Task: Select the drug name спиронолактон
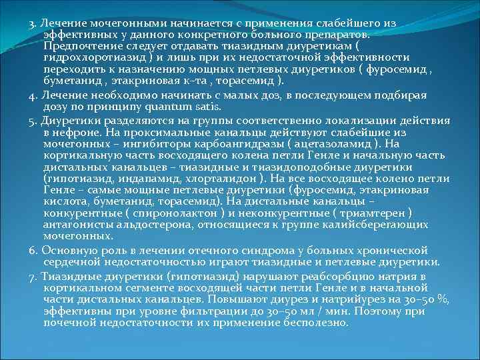pyautogui.click(x=173, y=213)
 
